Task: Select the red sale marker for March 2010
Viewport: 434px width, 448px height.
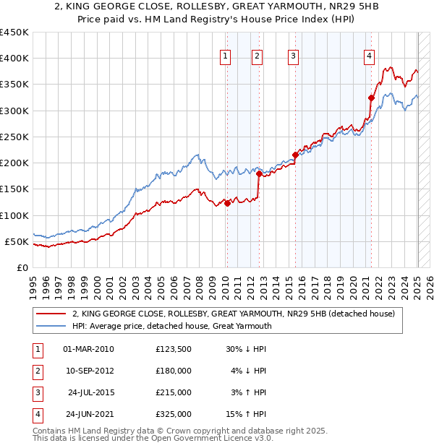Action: pyautogui.click(x=227, y=203)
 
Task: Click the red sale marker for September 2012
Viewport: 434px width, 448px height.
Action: pyautogui.click(x=259, y=173)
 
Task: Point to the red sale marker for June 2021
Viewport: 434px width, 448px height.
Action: pyautogui.click(x=371, y=98)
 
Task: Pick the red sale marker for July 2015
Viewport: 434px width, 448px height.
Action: pyautogui.click(x=295, y=155)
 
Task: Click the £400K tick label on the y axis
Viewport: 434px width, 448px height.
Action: pyautogui.click(x=14, y=59)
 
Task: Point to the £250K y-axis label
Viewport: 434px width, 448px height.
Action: pyautogui.click(x=14, y=137)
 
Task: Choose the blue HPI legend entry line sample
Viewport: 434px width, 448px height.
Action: pyautogui.click(x=51, y=326)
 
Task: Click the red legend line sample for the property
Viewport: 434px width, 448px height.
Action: pyautogui.click(x=51, y=314)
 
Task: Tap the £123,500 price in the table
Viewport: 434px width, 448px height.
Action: pyautogui.click(x=174, y=349)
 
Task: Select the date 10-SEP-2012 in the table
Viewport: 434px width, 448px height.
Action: pyautogui.click(x=89, y=371)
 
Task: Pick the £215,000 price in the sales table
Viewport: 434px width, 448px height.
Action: pyautogui.click(x=174, y=392)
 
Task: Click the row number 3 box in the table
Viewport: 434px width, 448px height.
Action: pyautogui.click(x=36, y=392)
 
